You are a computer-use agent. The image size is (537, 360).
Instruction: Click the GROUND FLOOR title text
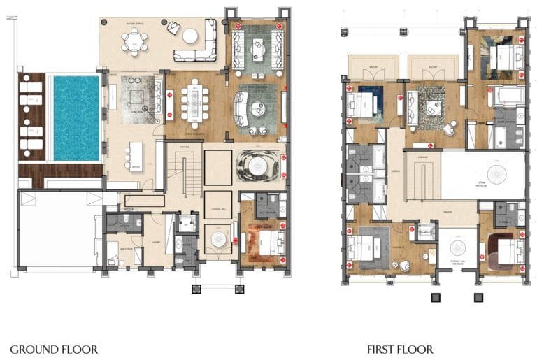point(54,349)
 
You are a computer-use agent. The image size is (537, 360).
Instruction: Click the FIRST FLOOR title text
point(400,349)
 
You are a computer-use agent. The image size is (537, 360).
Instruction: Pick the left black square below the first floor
point(435,298)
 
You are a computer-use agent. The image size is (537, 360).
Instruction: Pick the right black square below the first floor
point(479,298)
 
